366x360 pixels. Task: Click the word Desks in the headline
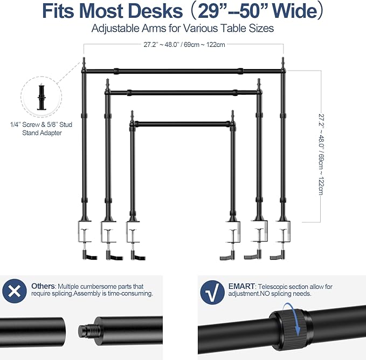[155, 11]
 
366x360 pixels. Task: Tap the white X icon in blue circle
[15, 291]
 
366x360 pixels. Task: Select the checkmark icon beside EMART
[212, 292]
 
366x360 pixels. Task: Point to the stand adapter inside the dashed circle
[42, 97]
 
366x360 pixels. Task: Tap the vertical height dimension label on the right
[321, 154]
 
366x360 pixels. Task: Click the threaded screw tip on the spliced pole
[87, 331]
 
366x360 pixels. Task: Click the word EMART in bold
[241, 286]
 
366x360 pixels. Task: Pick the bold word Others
[43, 286]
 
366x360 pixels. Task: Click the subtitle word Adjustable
[115, 29]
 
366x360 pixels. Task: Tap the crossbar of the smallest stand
[183, 124]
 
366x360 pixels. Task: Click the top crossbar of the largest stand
[183, 71]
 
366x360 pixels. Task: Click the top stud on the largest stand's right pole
[283, 63]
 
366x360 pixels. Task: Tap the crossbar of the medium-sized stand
[183, 93]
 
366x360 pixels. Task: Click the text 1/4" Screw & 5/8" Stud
[41, 124]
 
